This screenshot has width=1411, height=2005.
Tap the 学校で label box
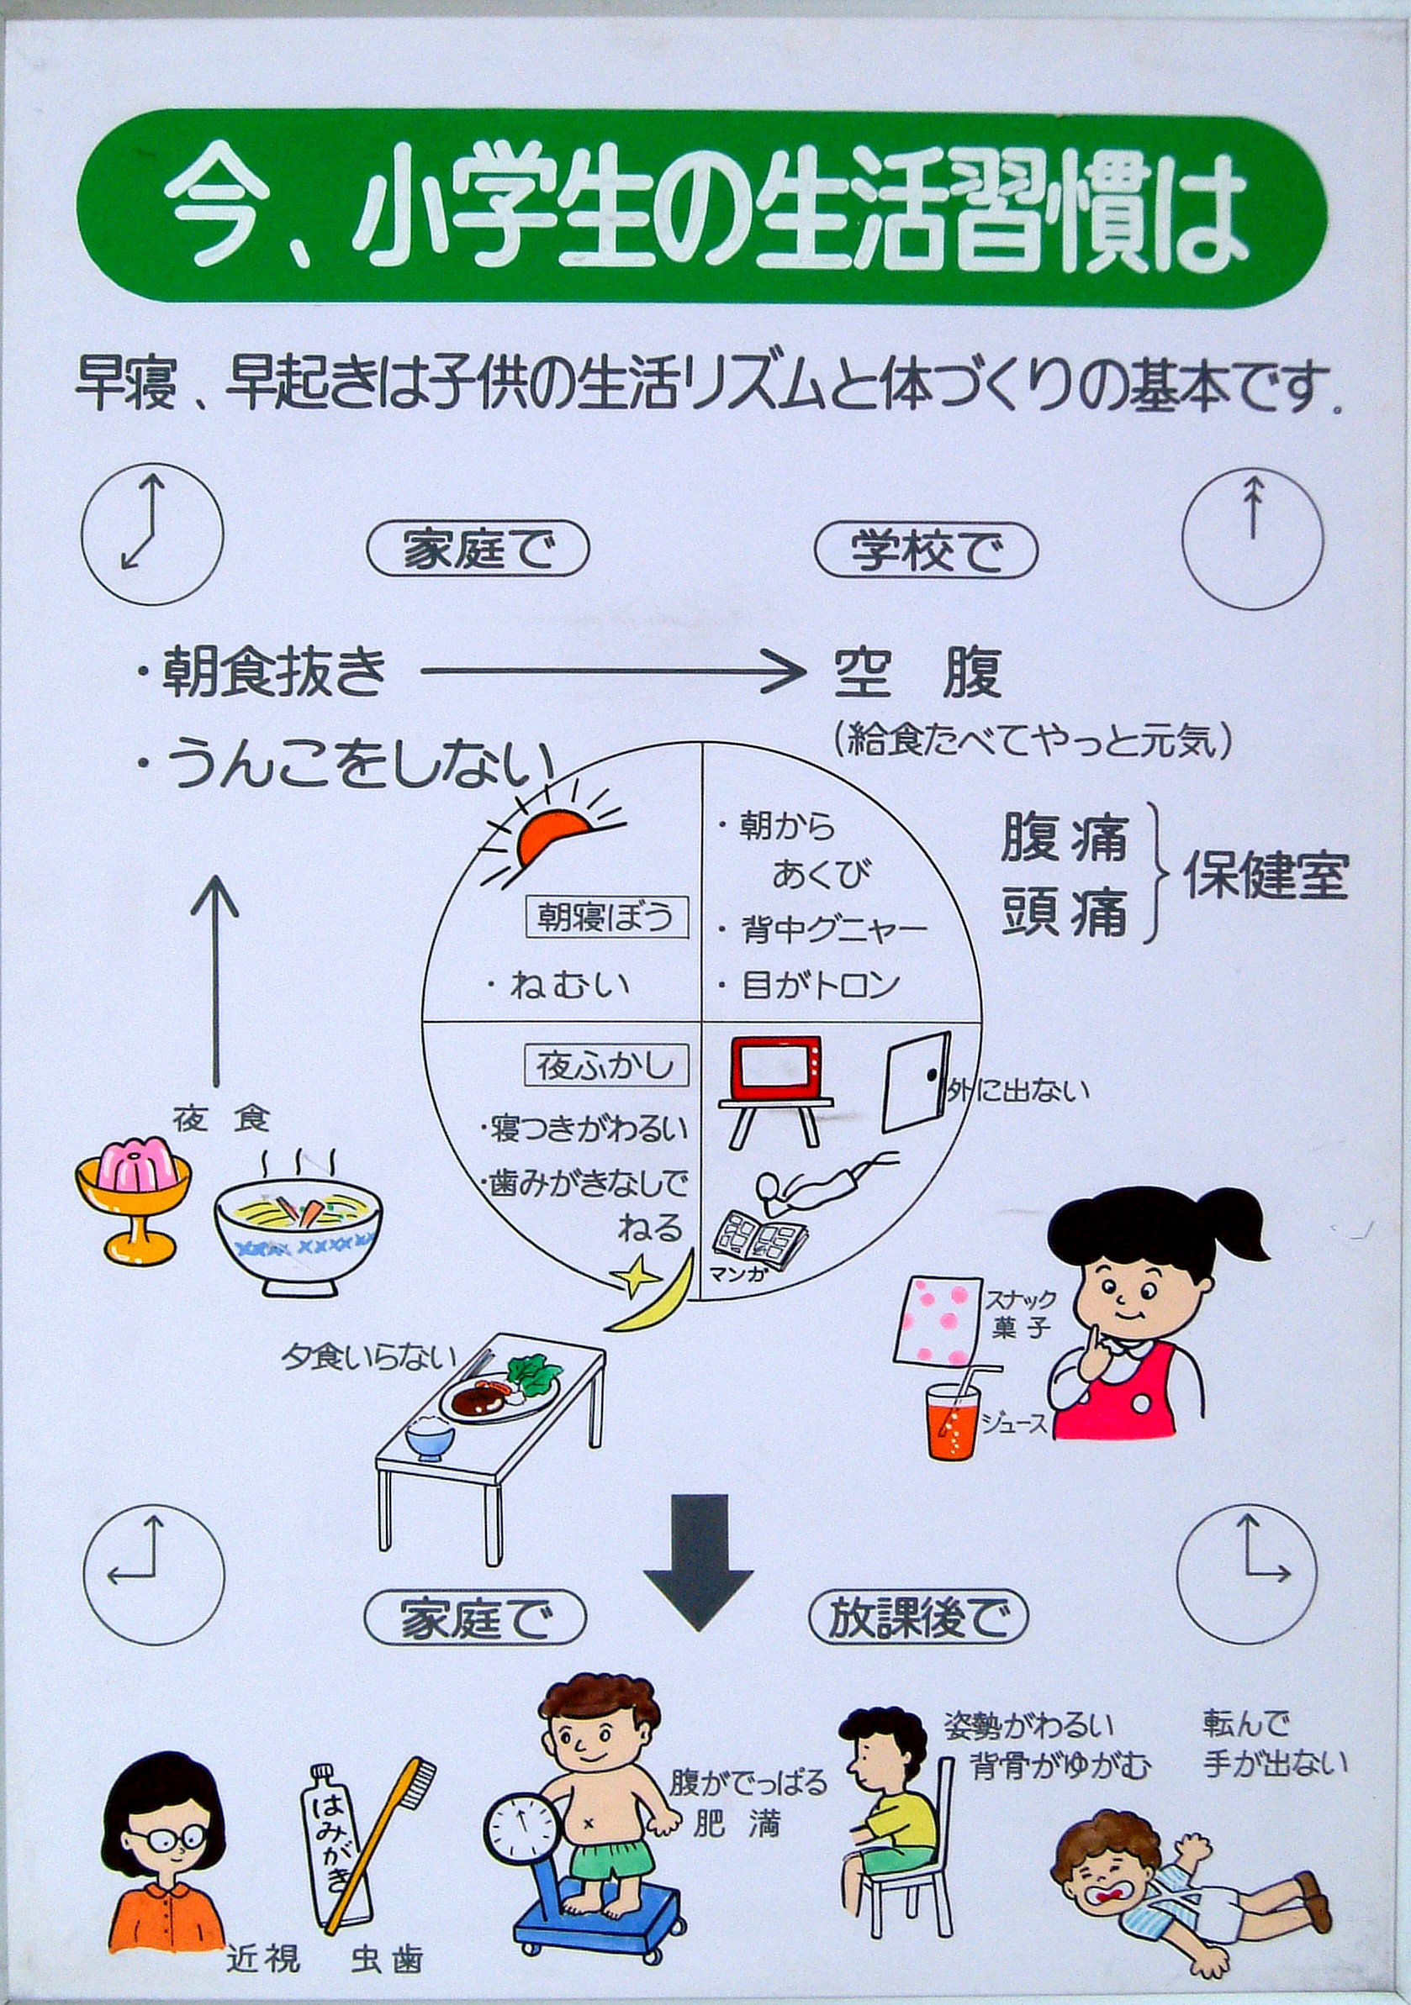click(x=925, y=552)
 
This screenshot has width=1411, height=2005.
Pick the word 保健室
click(x=1266, y=875)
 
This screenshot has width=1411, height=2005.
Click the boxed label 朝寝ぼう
click(x=604, y=918)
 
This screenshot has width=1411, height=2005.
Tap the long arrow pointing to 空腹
click(x=611, y=671)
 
